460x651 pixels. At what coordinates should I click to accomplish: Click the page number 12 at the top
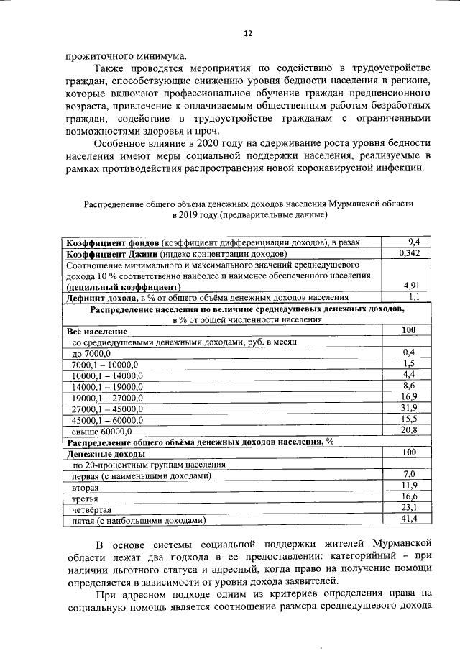[x=248, y=33]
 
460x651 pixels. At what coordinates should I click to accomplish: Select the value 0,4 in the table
[x=409, y=352]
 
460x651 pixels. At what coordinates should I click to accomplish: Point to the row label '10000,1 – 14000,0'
[x=108, y=375]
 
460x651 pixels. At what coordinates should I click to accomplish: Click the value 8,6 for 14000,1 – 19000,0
[x=409, y=386]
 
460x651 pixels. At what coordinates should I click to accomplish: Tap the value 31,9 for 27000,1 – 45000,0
[x=409, y=408]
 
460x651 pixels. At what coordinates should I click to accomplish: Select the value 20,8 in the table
[x=409, y=430]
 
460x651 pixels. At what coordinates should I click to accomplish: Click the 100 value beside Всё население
[x=409, y=330]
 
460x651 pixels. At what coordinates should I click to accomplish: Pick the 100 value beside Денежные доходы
[x=409, y=453]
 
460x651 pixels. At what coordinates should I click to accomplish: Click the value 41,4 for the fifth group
[x=409, y=519]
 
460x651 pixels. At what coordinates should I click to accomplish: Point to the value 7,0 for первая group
[x=409, y=475]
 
